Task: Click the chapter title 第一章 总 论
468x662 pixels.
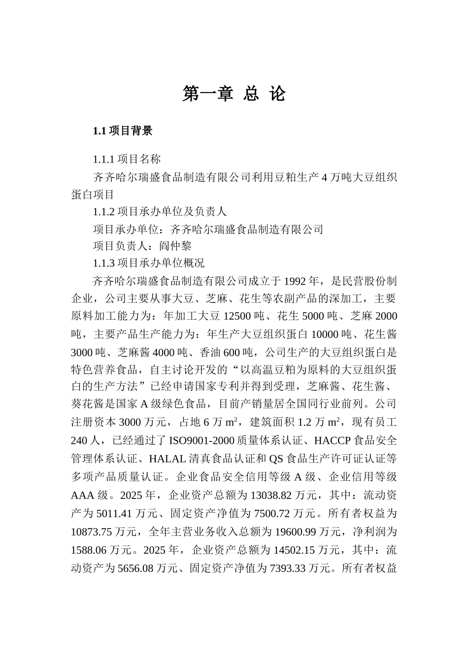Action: [234, 94]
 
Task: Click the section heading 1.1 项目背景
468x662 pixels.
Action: [123, 131]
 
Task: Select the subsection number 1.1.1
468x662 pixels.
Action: [103, 160]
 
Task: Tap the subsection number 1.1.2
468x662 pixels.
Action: [103, 212]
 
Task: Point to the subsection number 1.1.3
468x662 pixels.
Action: [103, 263]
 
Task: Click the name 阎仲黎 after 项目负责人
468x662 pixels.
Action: [175, 246]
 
